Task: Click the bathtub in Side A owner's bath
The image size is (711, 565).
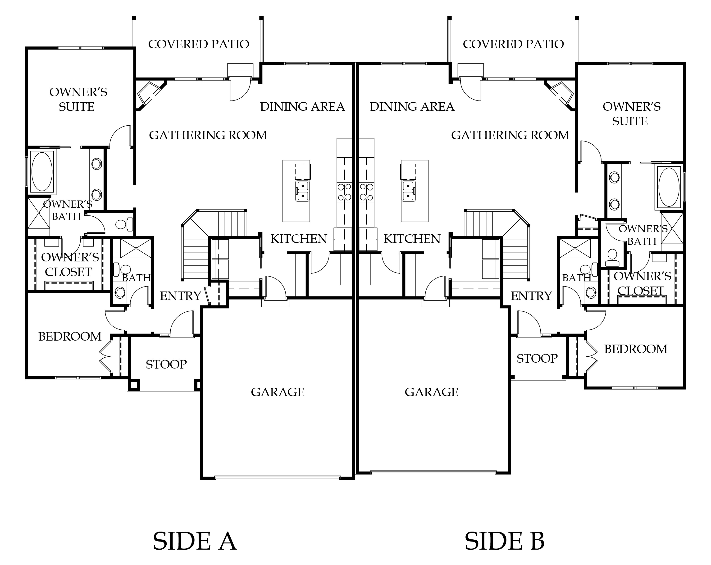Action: pyautogui.click(x=42, y=172)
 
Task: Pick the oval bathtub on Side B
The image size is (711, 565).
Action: pyautogui.click(x=669, y=187)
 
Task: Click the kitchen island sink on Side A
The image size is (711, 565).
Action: pyautogui.click(x=302, y=191)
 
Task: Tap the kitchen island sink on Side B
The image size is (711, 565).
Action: pyautogui.click(x=408, y=191)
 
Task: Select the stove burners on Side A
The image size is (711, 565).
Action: pyautogui.click(x=344, y=192)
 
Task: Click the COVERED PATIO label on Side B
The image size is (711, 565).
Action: pyautogui.click(x=513, y=44)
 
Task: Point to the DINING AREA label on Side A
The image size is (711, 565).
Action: pyautogui.click(x=302, y=107)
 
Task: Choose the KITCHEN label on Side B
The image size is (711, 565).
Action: pyautogui.click(x=412, y=239)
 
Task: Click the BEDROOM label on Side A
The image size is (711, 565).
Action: pyautogui.click(x=70, y=337)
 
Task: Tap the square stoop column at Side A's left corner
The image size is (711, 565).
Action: pyautogui.click(x=134, y=385)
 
